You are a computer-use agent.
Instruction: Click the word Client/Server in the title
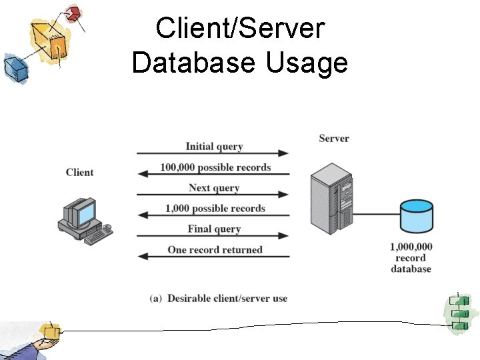[240, 29]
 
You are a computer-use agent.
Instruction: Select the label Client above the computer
[79, 173]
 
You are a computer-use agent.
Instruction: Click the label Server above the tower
[334, 139]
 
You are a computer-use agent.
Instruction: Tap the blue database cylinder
[415, 214]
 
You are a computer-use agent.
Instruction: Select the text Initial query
[214, 147]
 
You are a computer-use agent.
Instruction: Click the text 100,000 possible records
[215, 167]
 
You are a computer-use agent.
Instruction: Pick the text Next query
[213, 188]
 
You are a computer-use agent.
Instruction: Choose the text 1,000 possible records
[215, 209]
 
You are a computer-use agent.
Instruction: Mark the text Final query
[214, 229]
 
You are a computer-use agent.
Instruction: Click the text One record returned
[215, 250]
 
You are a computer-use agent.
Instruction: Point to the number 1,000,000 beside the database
[411, 247]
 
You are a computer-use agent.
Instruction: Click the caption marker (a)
[156, 298]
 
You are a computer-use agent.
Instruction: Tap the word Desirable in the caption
[189, 298]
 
